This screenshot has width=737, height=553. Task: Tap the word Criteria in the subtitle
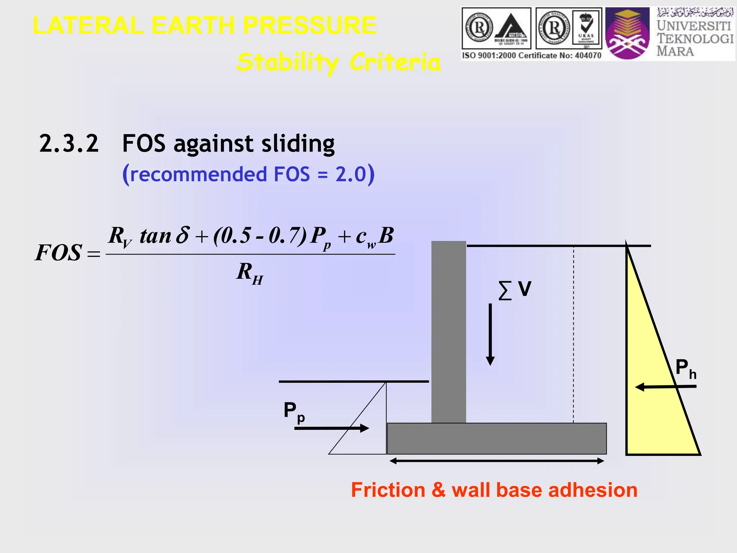tap(395, 62)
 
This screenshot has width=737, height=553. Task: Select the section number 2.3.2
tap(69, 144)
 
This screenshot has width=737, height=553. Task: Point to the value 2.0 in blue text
tap(351, 174)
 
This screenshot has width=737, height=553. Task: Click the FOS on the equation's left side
tap(58, 253)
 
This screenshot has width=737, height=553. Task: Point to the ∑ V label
tap(515, 290)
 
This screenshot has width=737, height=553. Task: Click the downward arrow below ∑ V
tap(490, 335)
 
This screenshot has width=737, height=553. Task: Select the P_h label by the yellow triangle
tap(686, 369)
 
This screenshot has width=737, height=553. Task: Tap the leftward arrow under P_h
tap(666, 387)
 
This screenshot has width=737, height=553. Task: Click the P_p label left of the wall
tap(294, 412)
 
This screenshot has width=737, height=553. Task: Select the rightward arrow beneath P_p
tap(331, 428)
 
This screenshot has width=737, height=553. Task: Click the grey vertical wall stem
tap(448, 331)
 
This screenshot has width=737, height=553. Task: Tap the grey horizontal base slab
tap(497, 439)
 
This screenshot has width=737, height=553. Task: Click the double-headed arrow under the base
tap(497, 461)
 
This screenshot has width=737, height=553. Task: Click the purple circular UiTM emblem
tap(627, 34)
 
